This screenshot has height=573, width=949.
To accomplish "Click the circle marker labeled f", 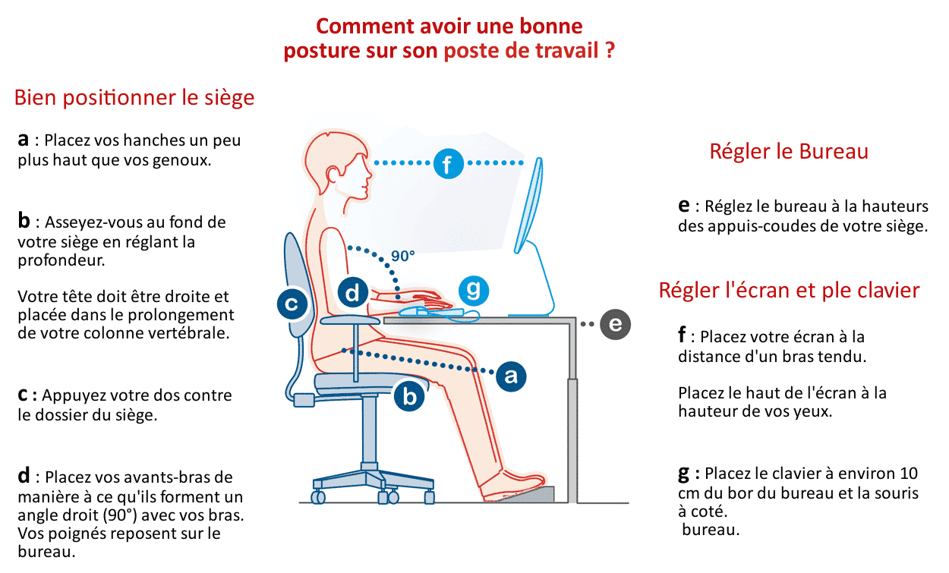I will pos(448,163).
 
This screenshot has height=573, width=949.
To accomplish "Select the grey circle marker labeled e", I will pos(614,324).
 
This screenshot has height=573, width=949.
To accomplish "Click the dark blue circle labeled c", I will pos(291,304).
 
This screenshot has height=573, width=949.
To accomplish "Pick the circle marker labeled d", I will pos(352,293).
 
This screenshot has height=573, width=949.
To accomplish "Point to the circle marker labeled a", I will pos(511,375).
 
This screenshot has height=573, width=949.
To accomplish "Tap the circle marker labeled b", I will pos(410,395).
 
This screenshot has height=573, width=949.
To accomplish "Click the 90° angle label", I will pos(403,256).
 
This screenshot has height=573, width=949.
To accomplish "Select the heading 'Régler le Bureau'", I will pos(788,152).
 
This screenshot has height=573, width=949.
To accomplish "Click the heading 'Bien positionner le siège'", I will pos(134,98).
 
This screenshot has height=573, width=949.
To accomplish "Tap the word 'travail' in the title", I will pos(567,52).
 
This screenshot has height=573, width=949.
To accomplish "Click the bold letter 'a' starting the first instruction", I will pos(24,140).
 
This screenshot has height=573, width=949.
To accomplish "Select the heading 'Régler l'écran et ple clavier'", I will pos(789,290).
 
